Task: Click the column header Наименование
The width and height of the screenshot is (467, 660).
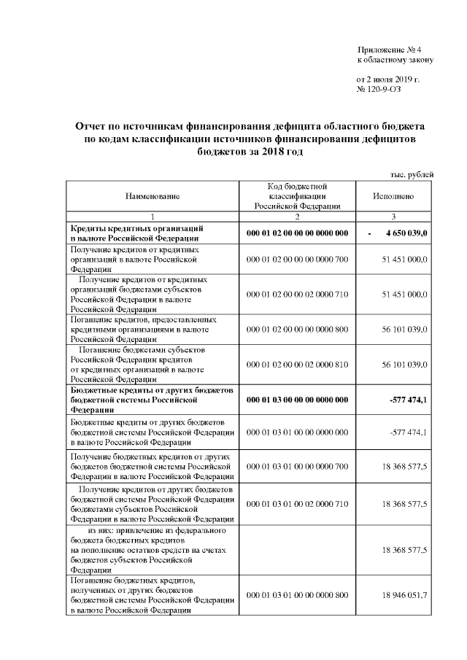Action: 152,197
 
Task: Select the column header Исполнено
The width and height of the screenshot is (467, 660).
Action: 393,197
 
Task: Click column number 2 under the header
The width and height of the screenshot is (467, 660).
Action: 297,217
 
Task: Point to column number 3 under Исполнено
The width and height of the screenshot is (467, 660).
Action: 393,217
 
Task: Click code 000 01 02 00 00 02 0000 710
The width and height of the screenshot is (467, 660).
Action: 297,294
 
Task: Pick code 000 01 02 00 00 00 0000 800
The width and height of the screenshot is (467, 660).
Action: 297,329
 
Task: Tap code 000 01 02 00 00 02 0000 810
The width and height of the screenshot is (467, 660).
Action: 297,364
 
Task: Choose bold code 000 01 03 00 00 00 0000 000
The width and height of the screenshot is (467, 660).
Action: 297,399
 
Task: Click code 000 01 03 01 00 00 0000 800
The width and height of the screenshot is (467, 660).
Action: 297,596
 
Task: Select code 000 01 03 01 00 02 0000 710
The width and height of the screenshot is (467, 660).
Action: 297,504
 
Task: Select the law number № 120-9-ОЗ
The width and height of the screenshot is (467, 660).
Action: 378,89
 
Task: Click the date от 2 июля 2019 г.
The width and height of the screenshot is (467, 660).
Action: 387,78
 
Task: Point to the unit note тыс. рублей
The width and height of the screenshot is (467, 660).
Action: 414,174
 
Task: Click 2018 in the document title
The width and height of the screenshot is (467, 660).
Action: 263,151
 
